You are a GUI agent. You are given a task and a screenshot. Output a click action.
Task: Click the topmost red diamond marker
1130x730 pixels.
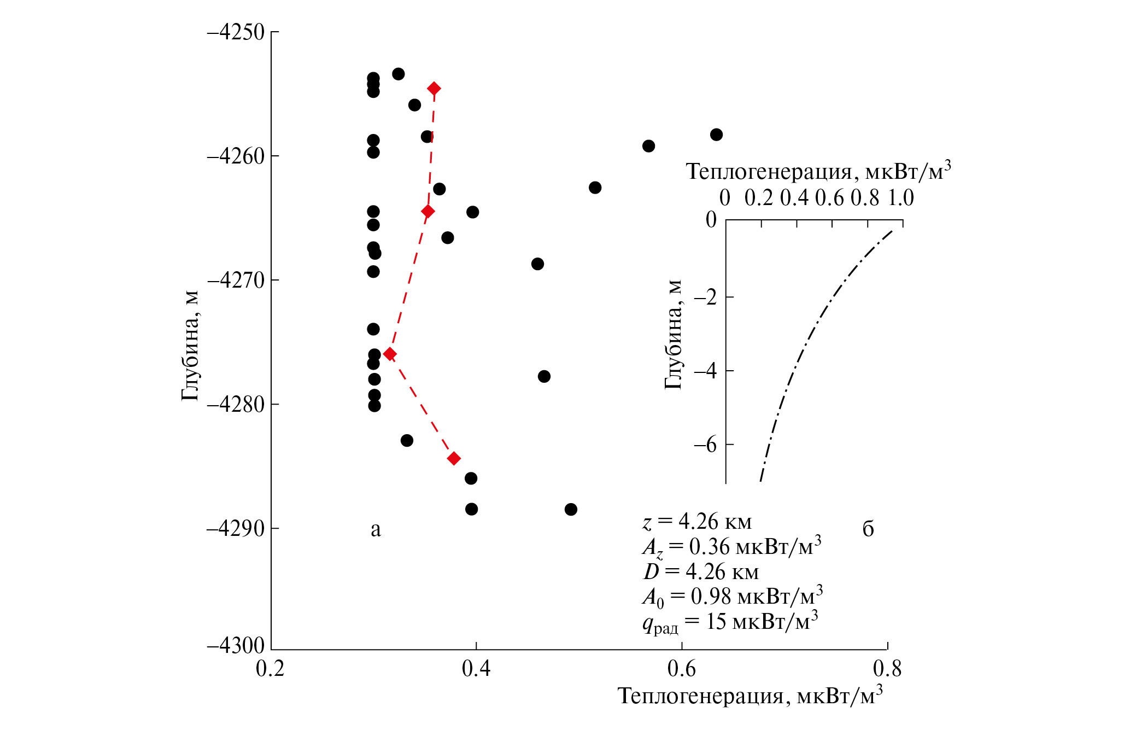pos(434,89)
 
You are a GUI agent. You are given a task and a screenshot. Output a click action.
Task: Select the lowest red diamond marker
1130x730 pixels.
pos(454,458)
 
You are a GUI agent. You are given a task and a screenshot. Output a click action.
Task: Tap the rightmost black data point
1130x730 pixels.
pos(716,135)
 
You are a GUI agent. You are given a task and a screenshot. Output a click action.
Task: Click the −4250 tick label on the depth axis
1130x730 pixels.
pos(236,32)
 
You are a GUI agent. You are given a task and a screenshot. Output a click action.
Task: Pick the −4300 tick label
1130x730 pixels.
pos(236,646)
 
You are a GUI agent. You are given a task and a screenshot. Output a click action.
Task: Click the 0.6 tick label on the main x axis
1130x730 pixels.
pos(682,669)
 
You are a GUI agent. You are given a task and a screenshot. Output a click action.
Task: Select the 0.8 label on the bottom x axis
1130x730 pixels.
pos(887,669)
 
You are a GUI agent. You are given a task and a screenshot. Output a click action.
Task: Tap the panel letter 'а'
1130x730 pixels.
pos(376,529)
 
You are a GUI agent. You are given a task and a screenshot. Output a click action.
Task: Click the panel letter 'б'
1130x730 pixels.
pos(868,529)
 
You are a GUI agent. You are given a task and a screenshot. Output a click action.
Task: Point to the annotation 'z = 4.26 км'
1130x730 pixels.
pos(697,522)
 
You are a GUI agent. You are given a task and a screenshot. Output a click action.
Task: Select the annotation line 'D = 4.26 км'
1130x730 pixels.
pos(701,572)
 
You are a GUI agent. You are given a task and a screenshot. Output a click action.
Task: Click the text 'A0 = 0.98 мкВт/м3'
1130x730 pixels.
pos(733,597)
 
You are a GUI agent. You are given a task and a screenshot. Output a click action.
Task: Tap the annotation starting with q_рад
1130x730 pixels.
pos(730,622)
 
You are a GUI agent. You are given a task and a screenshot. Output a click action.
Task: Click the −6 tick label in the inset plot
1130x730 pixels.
pos(705,445)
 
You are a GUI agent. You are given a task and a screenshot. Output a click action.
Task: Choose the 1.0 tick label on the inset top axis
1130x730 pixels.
pos(900,198)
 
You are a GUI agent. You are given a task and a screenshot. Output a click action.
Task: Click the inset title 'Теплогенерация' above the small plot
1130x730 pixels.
pos(818,172)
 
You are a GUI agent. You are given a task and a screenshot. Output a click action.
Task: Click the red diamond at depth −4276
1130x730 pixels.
pos(390,354)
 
